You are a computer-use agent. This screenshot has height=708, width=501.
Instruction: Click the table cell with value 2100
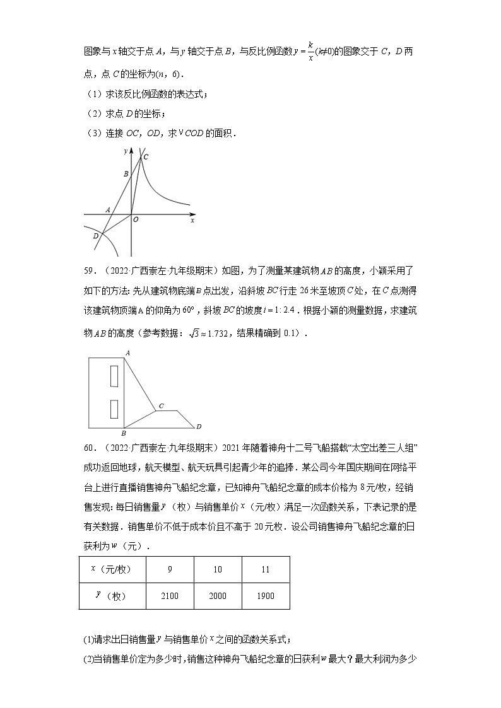click(x=170, y=596)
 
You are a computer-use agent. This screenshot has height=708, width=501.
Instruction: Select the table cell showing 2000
click(x=218, y=596)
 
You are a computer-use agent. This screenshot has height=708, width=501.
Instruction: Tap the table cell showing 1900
click(x=266, y=596)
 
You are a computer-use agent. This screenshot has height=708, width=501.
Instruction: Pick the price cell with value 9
click(x=170, y=569)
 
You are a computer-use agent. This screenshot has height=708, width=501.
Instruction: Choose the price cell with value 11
click(x=266, y=569)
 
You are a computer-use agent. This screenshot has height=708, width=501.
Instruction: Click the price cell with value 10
click(x=218, y=569)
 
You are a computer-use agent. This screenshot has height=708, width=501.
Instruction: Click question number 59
click(x=89, y=271)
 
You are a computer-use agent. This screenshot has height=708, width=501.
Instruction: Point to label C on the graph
click(x=146, y=157)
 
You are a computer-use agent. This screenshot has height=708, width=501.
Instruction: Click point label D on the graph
click(x=95, y=236)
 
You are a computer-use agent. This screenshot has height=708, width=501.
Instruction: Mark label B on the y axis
click(x=126, y=173)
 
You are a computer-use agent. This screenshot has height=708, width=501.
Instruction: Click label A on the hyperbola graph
click(x=108, y=209)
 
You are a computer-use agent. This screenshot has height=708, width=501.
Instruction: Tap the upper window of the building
click(x=114, y=376)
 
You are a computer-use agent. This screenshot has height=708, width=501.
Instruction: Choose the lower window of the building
click(x=114, y=409)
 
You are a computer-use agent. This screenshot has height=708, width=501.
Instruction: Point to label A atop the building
click(x=127, y=353)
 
